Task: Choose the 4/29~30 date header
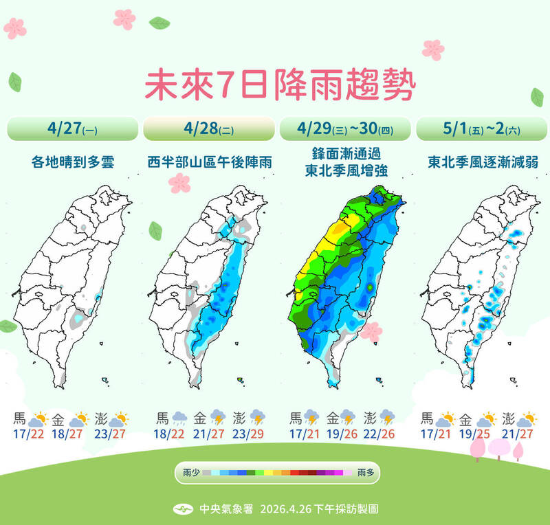(x=345, y=129)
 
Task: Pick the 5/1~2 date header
(x=481, y=129)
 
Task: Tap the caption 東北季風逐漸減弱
(x=481, y=162)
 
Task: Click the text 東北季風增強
(x=345, y=172)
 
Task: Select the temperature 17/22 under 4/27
(x=27, y=434)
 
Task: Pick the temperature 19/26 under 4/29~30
(x=344, y=434)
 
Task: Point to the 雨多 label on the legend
(x=366, y=473)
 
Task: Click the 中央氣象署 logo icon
(x=182, y=509)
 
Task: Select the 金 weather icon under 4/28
(x=219, y=418)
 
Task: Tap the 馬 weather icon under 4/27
(x=41, y=418)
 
